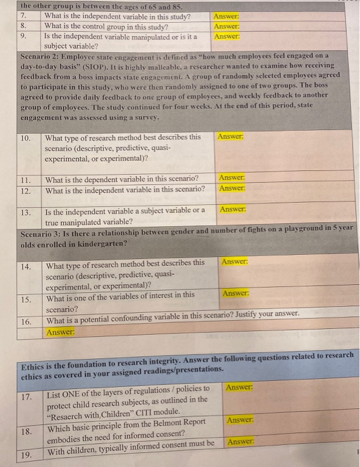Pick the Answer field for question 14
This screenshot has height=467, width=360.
pyautogui.click(x=235, y=262)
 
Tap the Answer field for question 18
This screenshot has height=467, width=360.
pyautogui.click(x=241, y=420)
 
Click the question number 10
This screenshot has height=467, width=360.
pyautogui.click(x=27, y=139)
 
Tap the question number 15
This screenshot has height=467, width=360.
pyautogui.click(x=26, y=300)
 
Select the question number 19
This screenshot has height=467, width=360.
pyautogui.click(x=27, y=454)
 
